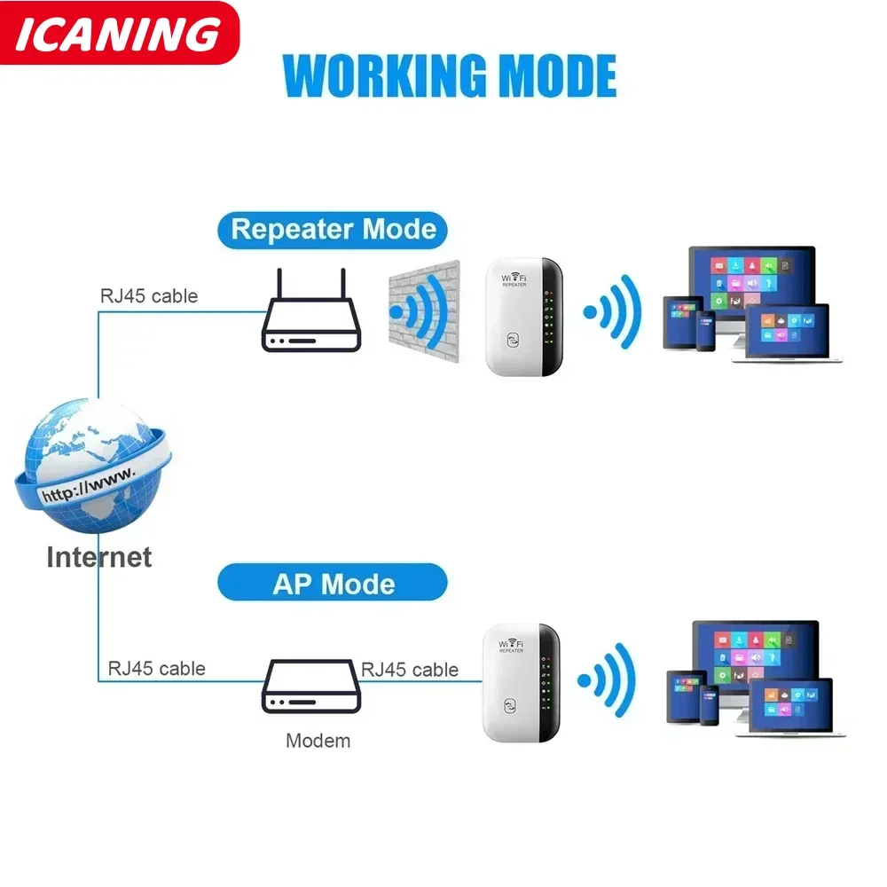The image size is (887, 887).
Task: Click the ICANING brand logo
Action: tap(119, 34)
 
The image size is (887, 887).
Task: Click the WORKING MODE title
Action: tap(450, 76)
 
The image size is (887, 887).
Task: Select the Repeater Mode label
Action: tap(334, 230)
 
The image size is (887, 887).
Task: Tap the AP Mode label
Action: tap(334, 584)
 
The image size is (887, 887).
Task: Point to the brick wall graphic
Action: tap(424, 310)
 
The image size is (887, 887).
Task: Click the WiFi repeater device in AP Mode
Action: tap(522, 683)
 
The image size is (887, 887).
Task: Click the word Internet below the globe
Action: tap(98, 557)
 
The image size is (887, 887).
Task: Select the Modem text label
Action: tap(318, 741)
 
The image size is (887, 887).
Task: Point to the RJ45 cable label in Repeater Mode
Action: tap(148, 296)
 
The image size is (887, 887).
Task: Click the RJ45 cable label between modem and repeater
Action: tap(410, 670)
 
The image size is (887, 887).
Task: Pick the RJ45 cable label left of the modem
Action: tap(157, 669)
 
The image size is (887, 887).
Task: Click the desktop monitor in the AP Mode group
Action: tap(754, 652)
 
